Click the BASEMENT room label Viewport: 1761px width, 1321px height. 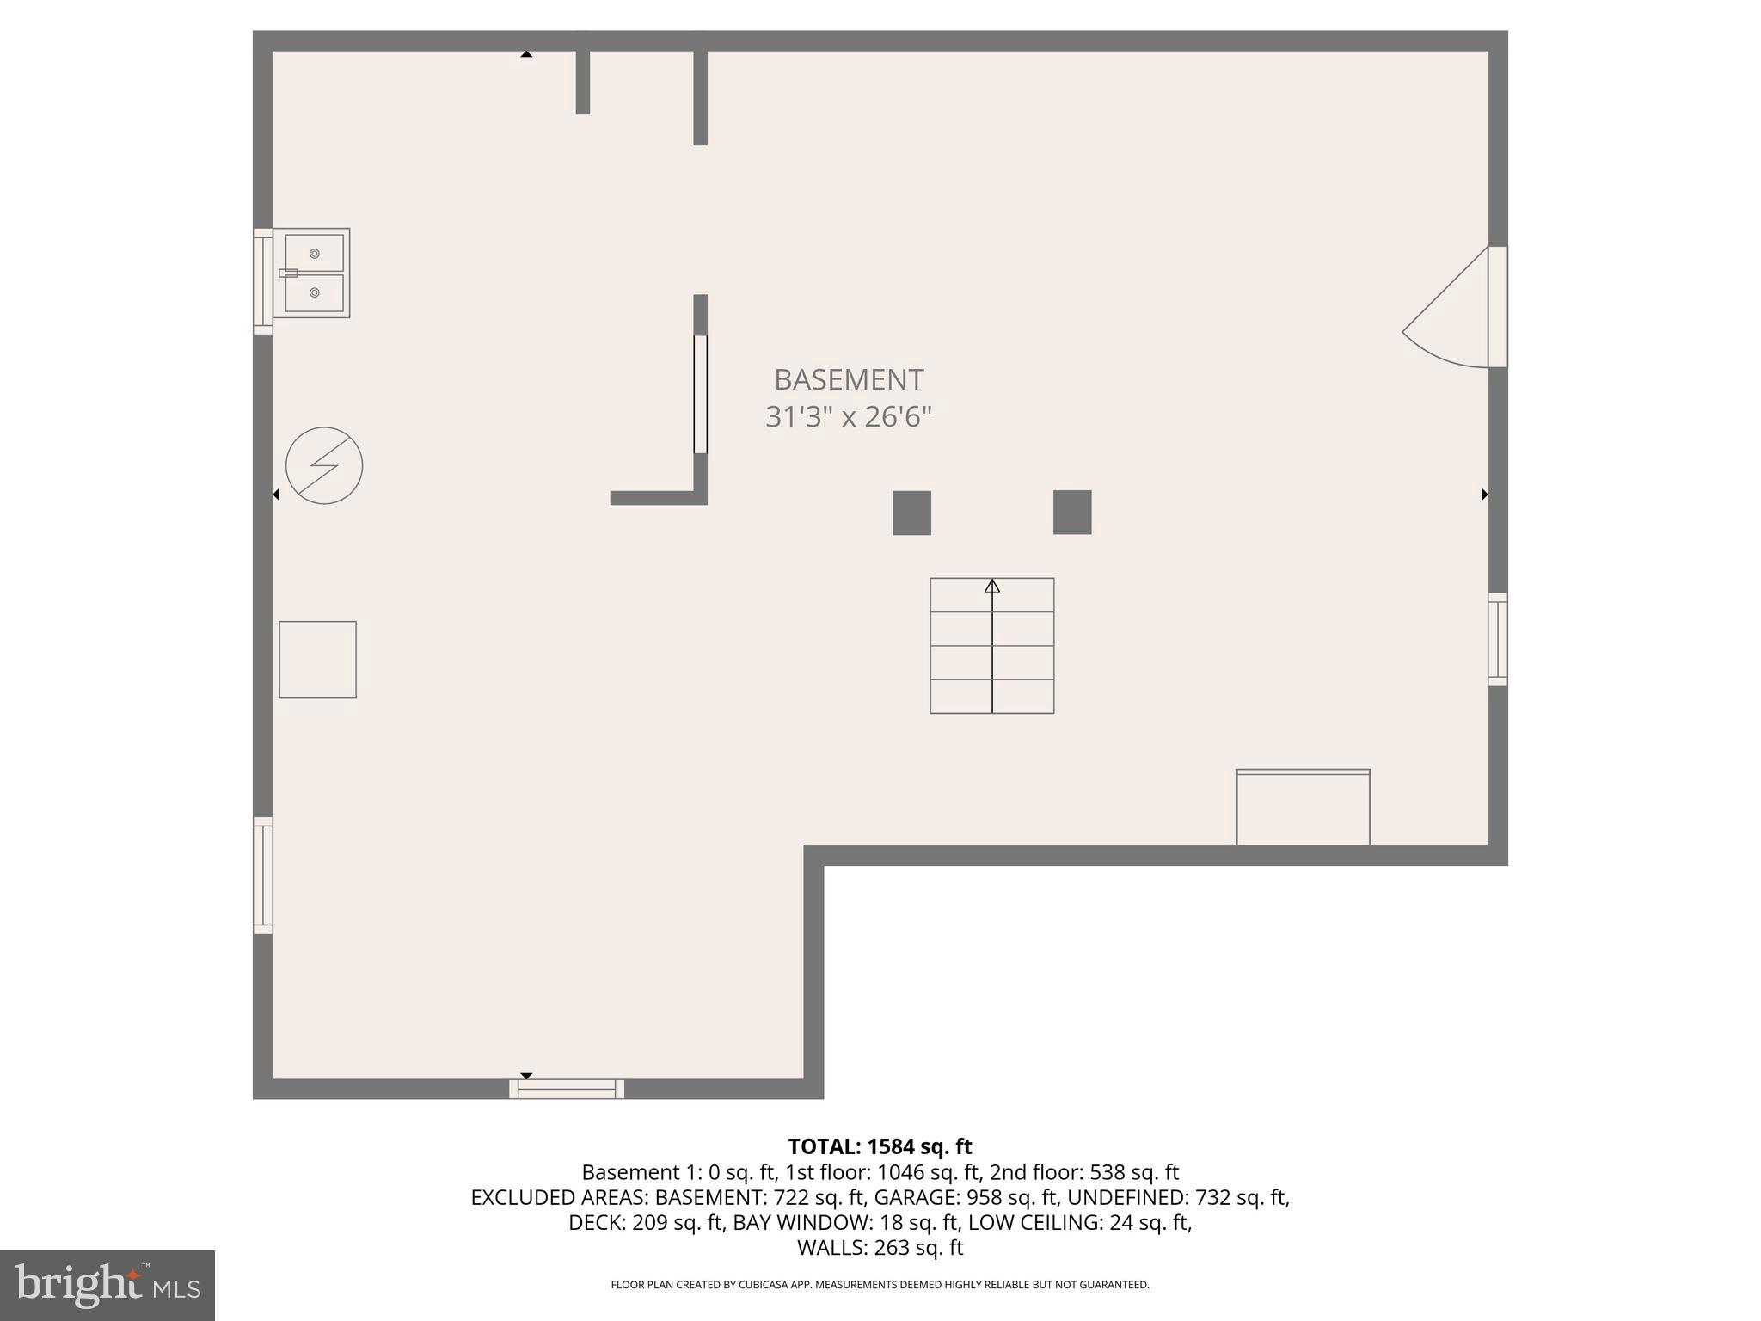[848, 379]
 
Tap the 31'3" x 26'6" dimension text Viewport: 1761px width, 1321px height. [848, 417]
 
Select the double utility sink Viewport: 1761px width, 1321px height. [313, 273]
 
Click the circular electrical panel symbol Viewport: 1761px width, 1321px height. [324, 465]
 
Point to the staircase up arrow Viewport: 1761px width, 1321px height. [992, 587]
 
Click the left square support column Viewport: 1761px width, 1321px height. [911, 513]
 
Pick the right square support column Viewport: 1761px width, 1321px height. [1072, 512]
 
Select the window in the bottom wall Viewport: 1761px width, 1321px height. [567, 1089]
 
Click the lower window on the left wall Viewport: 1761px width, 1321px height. [262, 875]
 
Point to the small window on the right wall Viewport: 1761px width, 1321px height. [1497, 639]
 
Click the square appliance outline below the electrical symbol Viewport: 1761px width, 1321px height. [317, 660]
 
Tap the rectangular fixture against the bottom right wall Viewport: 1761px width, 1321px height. [1303, 808]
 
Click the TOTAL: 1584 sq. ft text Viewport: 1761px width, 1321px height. [880, 1146]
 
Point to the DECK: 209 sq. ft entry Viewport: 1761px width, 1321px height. [646, 1222]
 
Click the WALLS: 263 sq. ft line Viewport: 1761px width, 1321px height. [880, 1247]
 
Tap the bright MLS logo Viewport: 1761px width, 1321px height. [107, 1285]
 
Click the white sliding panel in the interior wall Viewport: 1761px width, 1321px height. [700, 394]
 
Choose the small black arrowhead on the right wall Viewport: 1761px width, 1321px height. [1484, 495]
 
